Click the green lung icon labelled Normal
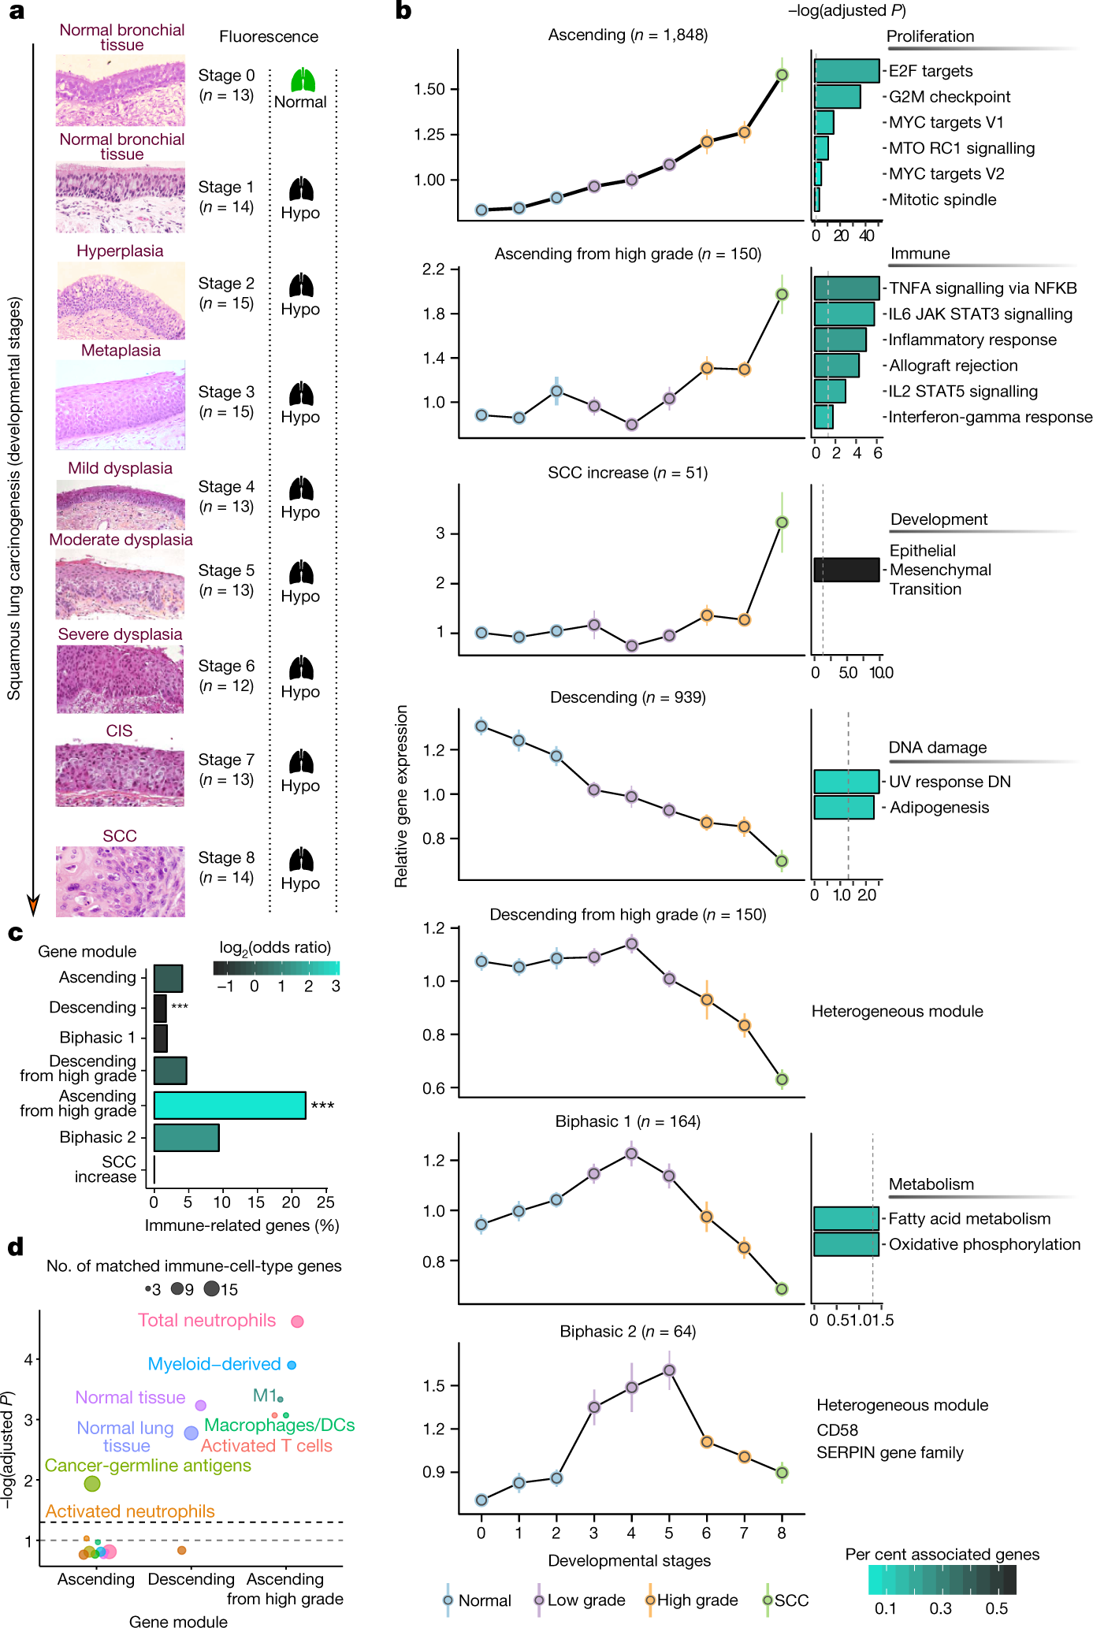(x=303, y=80)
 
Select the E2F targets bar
(x=846, y=71)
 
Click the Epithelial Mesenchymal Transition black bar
(x=846, y=570)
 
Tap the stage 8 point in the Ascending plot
(x=782, y=75)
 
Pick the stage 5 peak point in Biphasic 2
(x=669, y=1370)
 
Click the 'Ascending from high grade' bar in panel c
(x=229, y=1105)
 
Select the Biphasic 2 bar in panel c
(x=186, y=1138)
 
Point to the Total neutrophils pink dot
(x=297, y=1321)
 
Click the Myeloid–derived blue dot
(x=292, y=1365)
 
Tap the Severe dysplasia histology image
(x=120, y=679)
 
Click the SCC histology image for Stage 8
(x=120, y=882)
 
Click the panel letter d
(x=16, y=1247)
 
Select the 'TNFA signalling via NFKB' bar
(x=846, y=288)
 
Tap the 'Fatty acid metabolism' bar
(x=846, y=1218)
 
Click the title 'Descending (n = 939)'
(x=628, y=697)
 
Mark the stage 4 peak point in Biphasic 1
(x=631, y=1154)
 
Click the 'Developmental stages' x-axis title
(x=630, y=1560)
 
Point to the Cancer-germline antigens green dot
(x=92, y=1484)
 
